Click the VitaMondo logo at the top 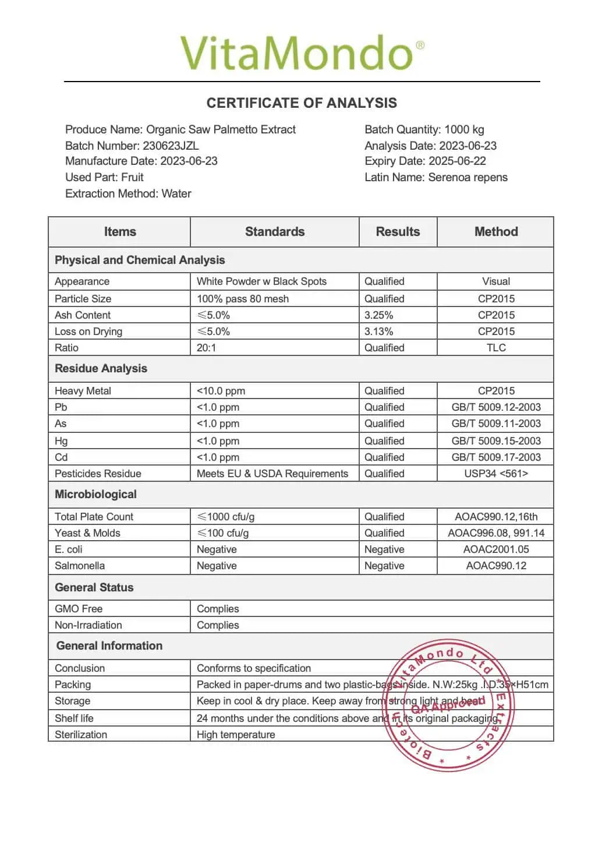click(302, 53)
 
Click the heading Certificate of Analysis click(302, 103)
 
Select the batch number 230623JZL click(171, 146)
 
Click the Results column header click(398, 232)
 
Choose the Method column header click(496, 232)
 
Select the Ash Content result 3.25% click(378, 315)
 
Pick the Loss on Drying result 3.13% click(378, 332)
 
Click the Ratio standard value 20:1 click(206, 348)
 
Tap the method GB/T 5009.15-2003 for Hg click(496, 441)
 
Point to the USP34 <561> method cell click(496, 474)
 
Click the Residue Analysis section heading click(101, 369)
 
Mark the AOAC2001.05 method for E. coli click(496, 549)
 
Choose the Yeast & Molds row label click(87, 533)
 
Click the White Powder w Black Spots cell click(261, 281)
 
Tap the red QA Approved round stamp click(448, 706)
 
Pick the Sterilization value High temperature click(236, 735)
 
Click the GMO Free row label click(79, 609)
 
